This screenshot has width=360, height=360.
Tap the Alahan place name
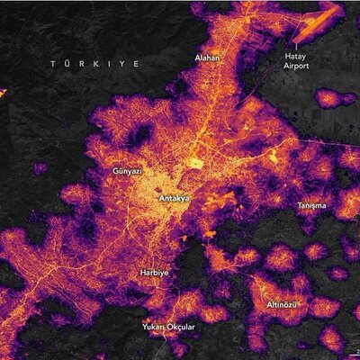point(207,58)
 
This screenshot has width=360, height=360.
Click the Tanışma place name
point(312,205)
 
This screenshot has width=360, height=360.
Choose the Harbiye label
point(155,271)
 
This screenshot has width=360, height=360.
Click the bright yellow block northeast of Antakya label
point(195,165)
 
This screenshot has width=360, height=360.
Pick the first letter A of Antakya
point(159,196)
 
